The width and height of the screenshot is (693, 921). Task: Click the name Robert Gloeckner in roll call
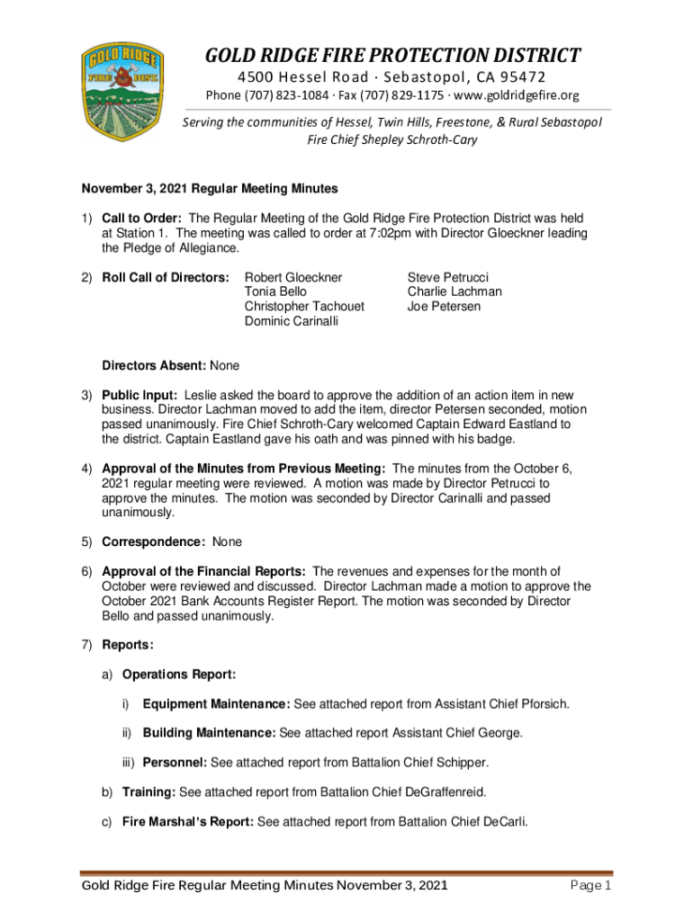293,277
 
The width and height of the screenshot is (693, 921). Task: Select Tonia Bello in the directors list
275,291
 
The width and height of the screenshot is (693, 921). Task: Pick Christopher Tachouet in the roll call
304,306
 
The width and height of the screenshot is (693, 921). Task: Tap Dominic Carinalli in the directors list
292,321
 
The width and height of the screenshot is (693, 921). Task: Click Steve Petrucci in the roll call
447,277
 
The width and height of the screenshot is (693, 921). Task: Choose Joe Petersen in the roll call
445,306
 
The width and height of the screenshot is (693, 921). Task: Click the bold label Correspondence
154,542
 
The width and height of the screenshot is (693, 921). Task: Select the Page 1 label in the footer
591,887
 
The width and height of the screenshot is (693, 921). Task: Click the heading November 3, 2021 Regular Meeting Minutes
210,189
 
